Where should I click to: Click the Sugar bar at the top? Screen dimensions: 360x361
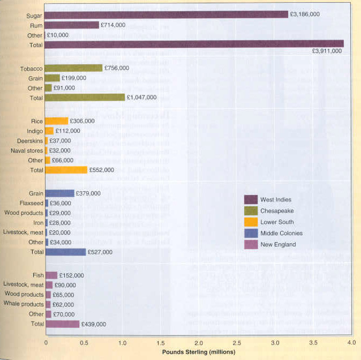point(166,15)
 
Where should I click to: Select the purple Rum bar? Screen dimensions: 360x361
point(72,25)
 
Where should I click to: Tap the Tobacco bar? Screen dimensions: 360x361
point(73,68)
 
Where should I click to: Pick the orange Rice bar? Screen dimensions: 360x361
point(56,121)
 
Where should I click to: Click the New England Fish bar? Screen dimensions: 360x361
point(51,275)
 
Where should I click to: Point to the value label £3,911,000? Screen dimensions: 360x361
point(327,51)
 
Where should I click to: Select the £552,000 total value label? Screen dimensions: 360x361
point(101,170)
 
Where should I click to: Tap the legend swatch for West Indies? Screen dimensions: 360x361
point(251,199)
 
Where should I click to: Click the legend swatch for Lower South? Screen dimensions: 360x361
point(251,222)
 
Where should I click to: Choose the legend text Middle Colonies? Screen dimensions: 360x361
point(282,233)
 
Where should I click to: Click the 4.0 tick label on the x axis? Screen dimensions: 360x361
point(352,341)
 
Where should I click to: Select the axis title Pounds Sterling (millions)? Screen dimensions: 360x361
point(199,352)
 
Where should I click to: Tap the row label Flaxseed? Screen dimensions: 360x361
point(30,203)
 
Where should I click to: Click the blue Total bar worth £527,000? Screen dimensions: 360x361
point(65,252)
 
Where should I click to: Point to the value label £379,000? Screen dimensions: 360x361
point(88,193)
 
